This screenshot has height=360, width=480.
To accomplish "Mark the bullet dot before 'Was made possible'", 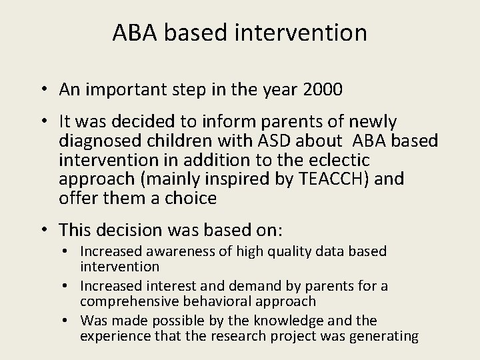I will (x=69, y=321).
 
